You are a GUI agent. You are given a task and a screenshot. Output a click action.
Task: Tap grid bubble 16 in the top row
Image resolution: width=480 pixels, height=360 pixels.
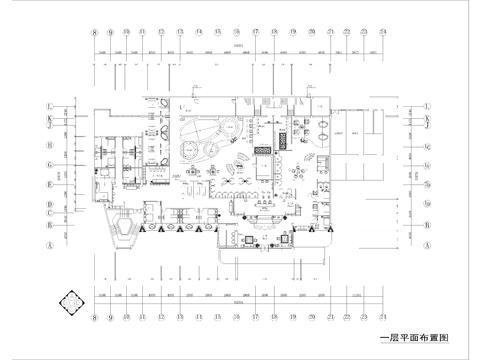click(237, 32)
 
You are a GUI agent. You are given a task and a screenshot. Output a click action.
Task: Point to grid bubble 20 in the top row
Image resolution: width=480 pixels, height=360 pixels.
click(311, 32)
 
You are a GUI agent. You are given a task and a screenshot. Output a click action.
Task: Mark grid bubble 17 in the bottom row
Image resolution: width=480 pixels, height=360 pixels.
click(256, 318)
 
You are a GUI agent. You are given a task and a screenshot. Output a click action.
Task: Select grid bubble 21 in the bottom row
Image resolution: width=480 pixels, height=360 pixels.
click(330, 318)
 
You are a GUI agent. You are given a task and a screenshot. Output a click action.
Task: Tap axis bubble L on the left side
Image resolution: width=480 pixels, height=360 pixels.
click(49, 106)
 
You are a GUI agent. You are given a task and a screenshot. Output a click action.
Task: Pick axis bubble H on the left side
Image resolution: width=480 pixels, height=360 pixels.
click(49, 146)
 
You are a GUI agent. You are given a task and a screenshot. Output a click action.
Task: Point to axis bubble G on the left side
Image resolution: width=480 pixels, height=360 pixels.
click(49, 165)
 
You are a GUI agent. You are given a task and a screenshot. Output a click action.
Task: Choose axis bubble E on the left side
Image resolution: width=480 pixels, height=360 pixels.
click(49, 184)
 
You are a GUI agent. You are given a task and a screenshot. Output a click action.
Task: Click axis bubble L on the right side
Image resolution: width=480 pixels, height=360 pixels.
click(427, 106)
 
